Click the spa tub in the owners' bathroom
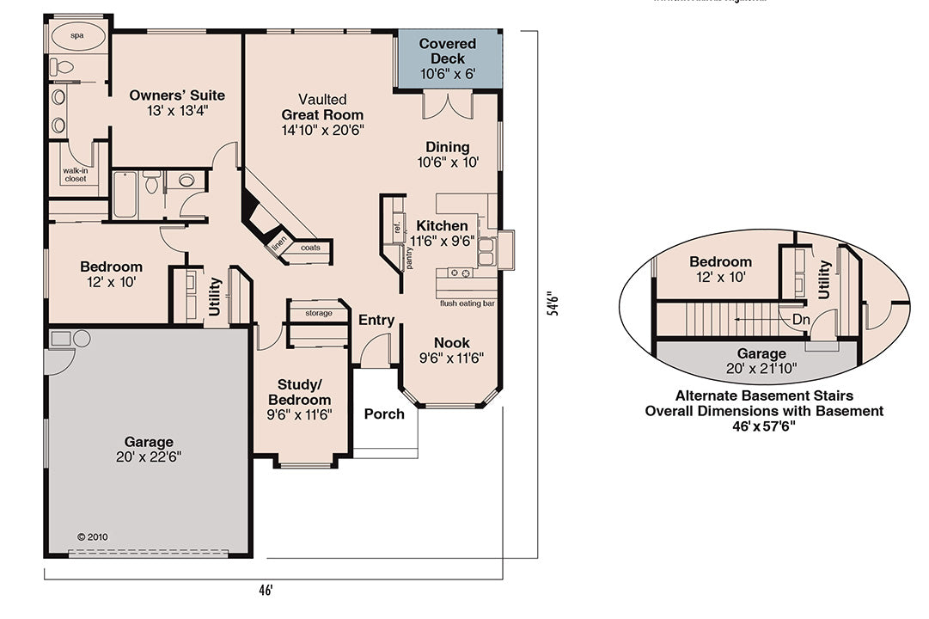(x=76, y=36)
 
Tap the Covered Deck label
(x=447, y=51)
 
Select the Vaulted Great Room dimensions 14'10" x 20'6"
(x=322, y=130)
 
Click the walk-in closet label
(x=76, y=175)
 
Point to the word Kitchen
(x=442, y=226)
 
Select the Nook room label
(x=451, y=342)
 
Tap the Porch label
(x=384, y=414)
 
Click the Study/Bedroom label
(x=299, y=392)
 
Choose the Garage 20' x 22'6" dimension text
(x=148, y=457)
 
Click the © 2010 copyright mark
(x=93, y=536)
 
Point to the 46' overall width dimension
(x=266, y=591)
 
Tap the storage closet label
(x=317, y=313)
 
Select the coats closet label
(x=310, y=248)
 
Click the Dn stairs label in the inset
(x=800, y=318)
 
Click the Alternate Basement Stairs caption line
(x=764, y=396)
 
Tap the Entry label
(x=376, y=320)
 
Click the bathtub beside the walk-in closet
(x=125, y=194)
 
